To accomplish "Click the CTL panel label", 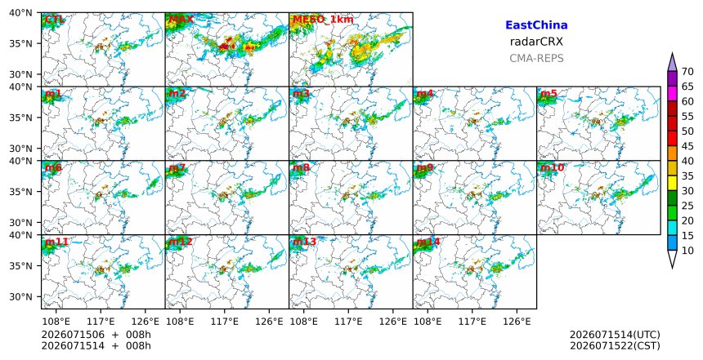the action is (x=54, y=20).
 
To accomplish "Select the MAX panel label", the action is (x=181, y=20).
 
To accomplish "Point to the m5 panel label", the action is (x=549, y=94).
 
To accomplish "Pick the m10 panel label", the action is (x=552, y=167).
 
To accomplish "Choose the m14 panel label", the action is (x=428, y=242).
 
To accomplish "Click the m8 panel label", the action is (x=301, y=167).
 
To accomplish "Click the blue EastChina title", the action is (x=536, y=25).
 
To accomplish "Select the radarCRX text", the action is (x=536, y=42).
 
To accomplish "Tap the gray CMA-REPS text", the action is (x=536, y=58).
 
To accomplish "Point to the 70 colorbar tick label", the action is (x=687, y=72).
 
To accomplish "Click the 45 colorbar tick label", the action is (x=687, y=146).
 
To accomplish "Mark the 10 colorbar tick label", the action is (x=687, y=251).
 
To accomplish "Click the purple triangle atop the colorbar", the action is (x=672, y=64).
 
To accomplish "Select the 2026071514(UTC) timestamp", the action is (x=615, y=335).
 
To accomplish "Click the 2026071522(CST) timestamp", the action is (x=615, y=345).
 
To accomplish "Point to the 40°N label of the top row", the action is (x=20, y=12).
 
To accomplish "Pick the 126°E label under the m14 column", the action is (x=517, y=322).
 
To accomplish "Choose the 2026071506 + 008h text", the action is (x=96, y=335).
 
